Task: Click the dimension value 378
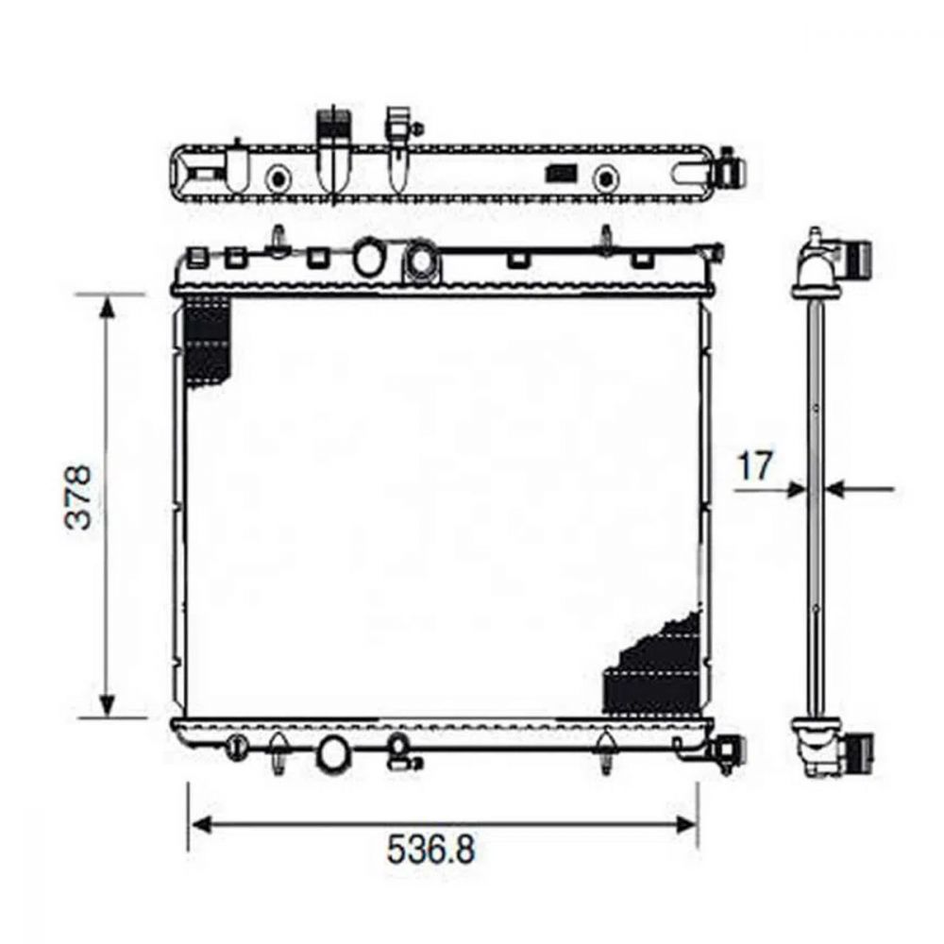[79, 497]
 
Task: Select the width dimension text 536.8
[430, 849]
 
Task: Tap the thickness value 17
[754, 466]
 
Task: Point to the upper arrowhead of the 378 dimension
[107, 307]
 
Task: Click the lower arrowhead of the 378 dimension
[107, 705]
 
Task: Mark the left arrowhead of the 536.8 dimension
[200, 824]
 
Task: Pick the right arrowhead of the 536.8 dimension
[685, 824]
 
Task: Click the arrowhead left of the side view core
[797, 489]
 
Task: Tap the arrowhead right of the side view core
[835, 489]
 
